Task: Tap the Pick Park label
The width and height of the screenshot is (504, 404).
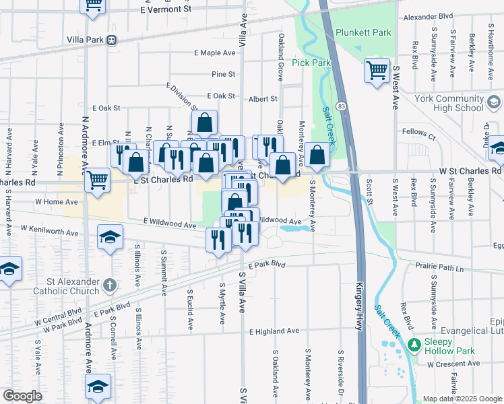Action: (311, 63)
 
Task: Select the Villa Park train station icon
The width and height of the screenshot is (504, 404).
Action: (111, 40)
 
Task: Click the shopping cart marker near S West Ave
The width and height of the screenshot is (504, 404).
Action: (377, 69)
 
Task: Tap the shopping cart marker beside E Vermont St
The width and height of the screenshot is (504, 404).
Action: (93, 5)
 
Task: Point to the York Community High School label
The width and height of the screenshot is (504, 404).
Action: (450, 103)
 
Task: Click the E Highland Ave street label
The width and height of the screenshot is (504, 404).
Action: (274, 331)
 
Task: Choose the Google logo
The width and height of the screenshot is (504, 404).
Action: (22, 395)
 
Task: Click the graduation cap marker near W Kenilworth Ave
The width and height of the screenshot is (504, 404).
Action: (110, 236)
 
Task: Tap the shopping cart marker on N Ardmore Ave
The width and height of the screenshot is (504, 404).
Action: (98, 180)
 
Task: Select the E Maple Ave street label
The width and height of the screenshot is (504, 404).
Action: (214, 53)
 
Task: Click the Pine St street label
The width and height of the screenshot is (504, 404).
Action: (223, 74)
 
